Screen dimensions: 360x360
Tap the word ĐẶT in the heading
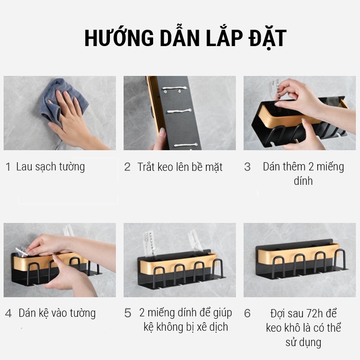point(268,38)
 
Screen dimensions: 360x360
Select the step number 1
point(8,167)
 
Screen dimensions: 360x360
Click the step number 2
point(127,167)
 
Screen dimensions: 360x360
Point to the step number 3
point(247,167)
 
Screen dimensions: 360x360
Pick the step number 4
point(9,313)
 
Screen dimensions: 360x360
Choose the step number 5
point(128,313)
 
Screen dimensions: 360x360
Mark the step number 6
point(247,313)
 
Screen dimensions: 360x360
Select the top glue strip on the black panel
point(175,88)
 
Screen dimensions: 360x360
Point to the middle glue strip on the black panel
point(180,111)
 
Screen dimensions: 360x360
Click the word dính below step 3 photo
point(303,181)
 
